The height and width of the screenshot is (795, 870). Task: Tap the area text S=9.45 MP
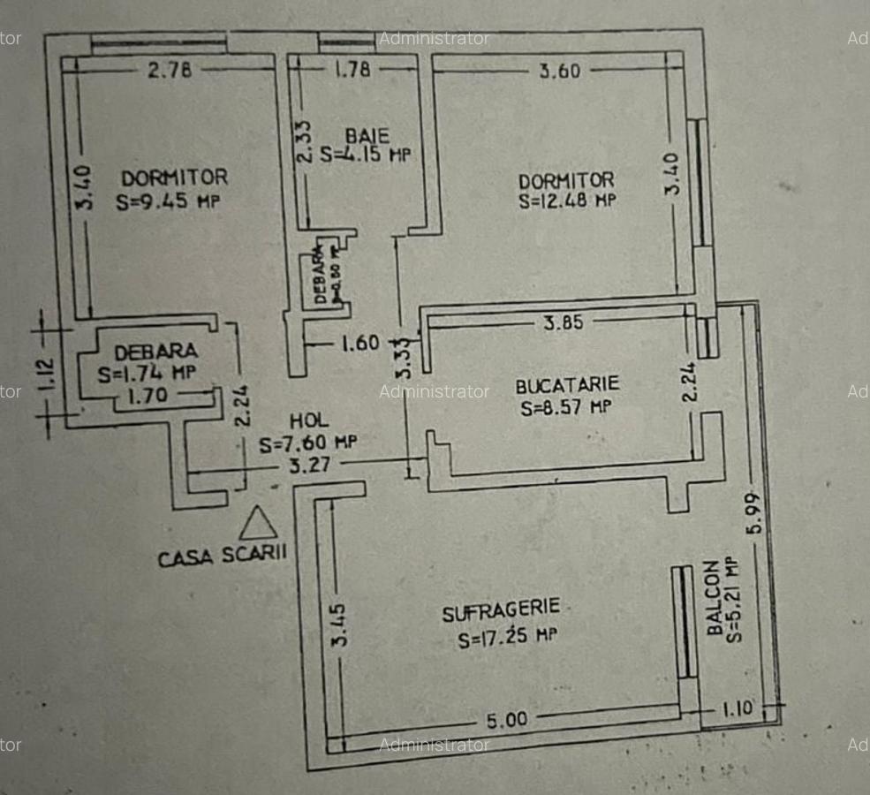click(x=168, y=201)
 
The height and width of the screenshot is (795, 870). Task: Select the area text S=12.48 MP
click(x=567, y=200)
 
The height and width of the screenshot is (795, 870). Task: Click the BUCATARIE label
click(x=568, y=386)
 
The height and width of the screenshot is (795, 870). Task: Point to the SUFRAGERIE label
click(x=501, y=609)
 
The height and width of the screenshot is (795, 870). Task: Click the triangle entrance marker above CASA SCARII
click(x=259, y=525)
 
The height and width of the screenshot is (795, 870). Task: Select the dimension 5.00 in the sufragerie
click(x=507, y=720)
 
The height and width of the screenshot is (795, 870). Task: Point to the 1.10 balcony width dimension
click(x=738, y=708)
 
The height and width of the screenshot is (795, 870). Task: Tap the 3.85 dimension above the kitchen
click(x=563, y=322)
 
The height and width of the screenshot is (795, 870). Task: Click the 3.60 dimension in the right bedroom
click(x=560, y=71)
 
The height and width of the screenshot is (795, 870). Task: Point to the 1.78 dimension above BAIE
click(x=352, y=69)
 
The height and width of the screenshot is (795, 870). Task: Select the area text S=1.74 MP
click(x=148, y=372)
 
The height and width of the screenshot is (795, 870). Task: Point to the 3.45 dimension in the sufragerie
click(x=339, y=625)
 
